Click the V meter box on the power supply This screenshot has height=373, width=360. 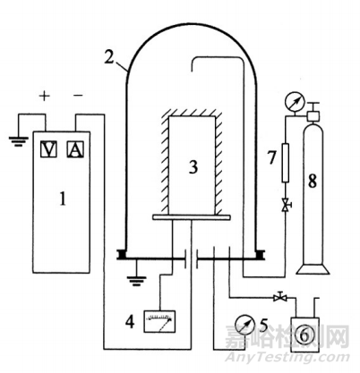pyautogui.click(x=48, y=149)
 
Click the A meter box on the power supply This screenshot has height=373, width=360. pyautogui.click(x=75, y=149)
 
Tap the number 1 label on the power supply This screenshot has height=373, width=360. pyautogui.click(x=63, y=199)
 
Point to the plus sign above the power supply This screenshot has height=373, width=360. pyautogui.click(x=44, y=96)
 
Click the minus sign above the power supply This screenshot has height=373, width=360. pyautogui.click(x=78, y=96)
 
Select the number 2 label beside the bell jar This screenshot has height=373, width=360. pyautogui.click(x=109, y=57)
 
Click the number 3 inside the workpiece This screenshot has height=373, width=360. pyautogui.click(x=193, y=167)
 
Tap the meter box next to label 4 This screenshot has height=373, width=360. pyautogui.click(x=159, y=321)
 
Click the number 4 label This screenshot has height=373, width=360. pyautogui.click(x=130, y=322)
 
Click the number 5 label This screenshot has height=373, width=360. pyautogui.click(x=264, y=325)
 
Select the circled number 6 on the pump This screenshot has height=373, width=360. pyautogui.click(x=304, y=335)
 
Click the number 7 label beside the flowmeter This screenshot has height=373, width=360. pyautogui.click(x=271, y=157)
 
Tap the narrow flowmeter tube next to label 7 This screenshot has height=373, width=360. pyautogui.click(x=286, y=163)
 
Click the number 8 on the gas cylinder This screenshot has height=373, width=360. pyautogui.click(x=313, y=181)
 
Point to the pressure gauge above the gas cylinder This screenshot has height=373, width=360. pyautogui.click(x=295, y=102)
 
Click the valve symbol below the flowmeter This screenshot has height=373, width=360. pyautogui.click(x=286, y=205)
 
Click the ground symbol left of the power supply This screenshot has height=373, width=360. pyautogui.click(x=18, y=141)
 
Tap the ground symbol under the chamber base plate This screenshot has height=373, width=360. pyautogui.click(x=136, y=281)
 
